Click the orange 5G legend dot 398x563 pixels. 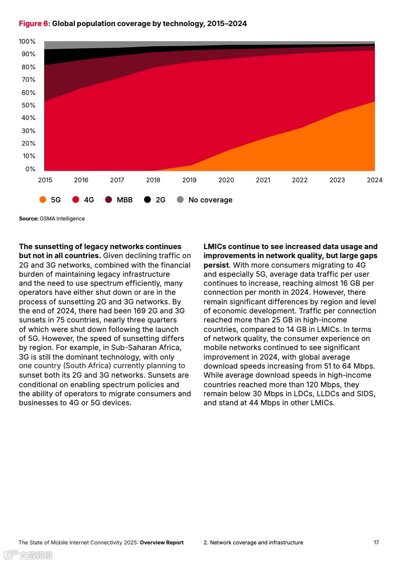point(43,200)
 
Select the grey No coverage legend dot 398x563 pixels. point(180,200)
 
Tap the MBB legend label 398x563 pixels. point(124,200)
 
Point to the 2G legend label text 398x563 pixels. point(160,200)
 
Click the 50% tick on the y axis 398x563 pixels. point(28,105)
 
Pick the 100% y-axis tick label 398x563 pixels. point(27,42)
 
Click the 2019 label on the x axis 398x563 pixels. point(189,180)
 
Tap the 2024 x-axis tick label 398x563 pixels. point(374,180)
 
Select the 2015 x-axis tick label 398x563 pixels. point(45,180)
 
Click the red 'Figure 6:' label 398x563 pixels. point(34,24)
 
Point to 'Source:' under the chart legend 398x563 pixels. point(29,219)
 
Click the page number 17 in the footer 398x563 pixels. point(376,542)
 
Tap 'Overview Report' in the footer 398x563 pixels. point(162,542)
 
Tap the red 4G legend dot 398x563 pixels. point(76,200)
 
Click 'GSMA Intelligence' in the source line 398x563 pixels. point(62,219)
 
